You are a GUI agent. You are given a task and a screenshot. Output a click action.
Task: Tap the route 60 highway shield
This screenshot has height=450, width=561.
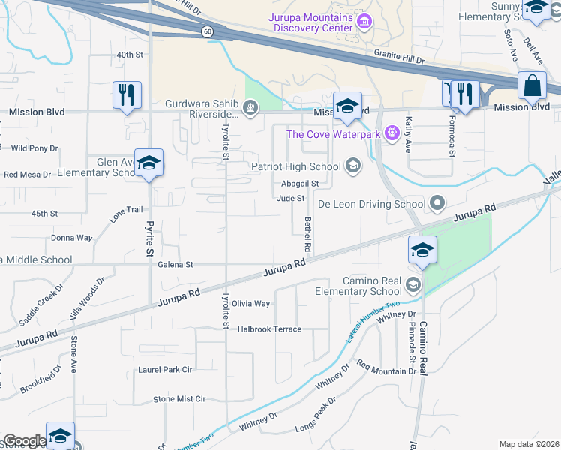pyautogui.click(x=206, y=31)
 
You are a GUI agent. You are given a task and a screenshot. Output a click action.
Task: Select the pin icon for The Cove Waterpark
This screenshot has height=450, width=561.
pyautogui.click(x=391, y=133)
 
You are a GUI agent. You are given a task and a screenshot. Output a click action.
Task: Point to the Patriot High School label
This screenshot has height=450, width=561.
pyautogui.click(x=295, y=166)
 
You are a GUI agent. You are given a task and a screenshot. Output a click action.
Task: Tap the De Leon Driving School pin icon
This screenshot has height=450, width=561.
pyautogui.click(x=438, y=203)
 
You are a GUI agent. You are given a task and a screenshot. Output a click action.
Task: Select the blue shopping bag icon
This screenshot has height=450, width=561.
pyautogui.click(x=532, y=85)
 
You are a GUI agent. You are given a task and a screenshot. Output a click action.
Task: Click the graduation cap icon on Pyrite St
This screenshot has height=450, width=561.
pyautogui.click(x=149, y=163)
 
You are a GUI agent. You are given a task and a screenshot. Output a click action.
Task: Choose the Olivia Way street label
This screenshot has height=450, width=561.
pyautogui.click(x=250, y=304)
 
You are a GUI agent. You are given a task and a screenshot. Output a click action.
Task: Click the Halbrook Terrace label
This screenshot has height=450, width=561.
pyautogui.click(x=270, y=329)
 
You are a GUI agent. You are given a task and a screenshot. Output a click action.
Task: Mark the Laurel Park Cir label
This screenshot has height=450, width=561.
pyautogui.click(x=165, y=370)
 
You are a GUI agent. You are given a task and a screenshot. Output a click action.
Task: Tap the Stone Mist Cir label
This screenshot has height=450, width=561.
pyautogui.click(x=179, y=399)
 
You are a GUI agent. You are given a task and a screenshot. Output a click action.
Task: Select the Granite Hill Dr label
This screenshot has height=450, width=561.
pyautogui.click(x=399, y=56)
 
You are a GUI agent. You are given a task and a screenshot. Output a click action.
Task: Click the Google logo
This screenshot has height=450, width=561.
pyautogui.click(x=25, y=441)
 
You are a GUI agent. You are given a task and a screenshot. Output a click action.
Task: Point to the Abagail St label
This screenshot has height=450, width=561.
pyautogui.click(x=301, y=183)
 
